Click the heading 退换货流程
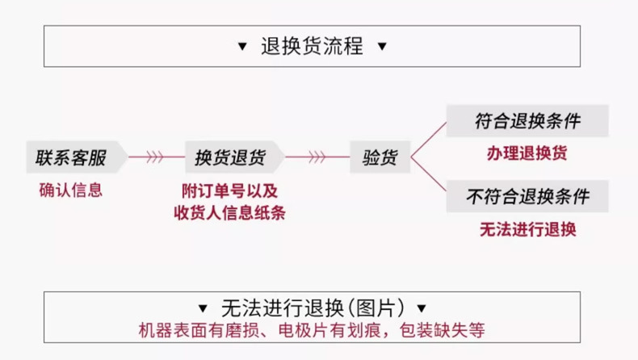pyautogui.click(x=312, y=46)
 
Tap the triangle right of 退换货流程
pyautogui.click(x=382, y=47)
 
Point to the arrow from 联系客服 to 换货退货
pyautogui.click(x=155, y=157)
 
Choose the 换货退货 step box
pyautogui.click(x=233, y=157)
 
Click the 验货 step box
pyautogui.click(x=379, y=157)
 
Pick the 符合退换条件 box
pyautogui.click(x=527, y=122)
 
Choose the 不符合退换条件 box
pyautogui.click(x=527, y=196)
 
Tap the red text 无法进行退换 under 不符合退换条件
pyautogui.click(x=527, y=228)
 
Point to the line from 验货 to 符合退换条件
pyautogui.click(x=428, y=139)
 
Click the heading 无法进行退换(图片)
pyautogui.click(x=312, y=308)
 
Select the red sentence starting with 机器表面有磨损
pyautogui.click(x=312, y=330)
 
